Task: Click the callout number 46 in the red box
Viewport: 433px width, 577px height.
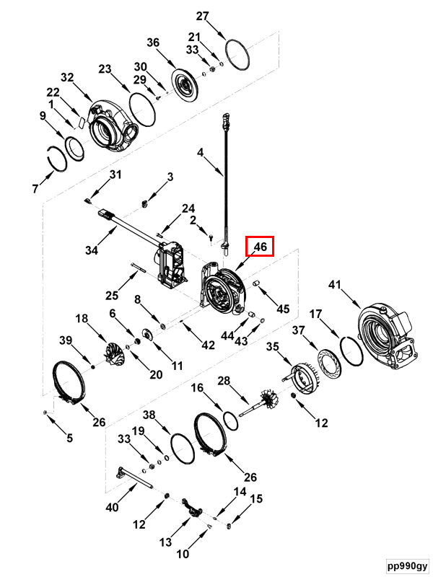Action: pyautogui.click(x=261, y=246)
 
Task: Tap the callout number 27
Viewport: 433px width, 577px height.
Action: pyautogui.click(x=202, y=16)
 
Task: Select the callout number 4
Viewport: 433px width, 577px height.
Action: pyautogui.click(x=200, y=152)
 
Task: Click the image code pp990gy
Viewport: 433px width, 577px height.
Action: pyautogui.click(x=407, y=565)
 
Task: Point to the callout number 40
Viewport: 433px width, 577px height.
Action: pyautogui.click(x=113, y=507)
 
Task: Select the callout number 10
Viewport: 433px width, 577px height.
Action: pyautogui.click(x=183, y=553)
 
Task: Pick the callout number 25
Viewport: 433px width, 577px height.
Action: pyautogui.click(x=112, y=295)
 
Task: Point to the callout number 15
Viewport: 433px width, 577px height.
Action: pyautogui.click(x=256, y=498)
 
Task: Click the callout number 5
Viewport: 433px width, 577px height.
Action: pyautogui.click(x=69, y=438)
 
